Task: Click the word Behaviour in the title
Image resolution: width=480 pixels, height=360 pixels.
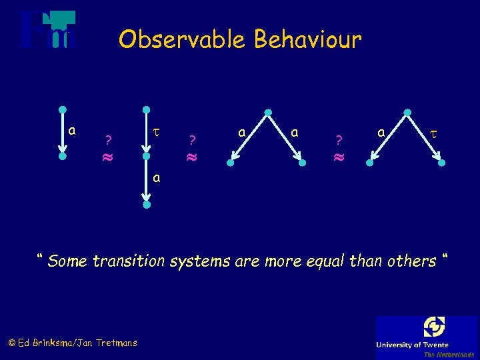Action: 307,40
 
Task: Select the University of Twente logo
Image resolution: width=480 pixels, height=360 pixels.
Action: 427,337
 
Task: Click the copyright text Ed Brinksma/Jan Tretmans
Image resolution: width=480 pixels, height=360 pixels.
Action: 72,343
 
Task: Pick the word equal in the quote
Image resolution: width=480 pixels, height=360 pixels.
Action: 321,261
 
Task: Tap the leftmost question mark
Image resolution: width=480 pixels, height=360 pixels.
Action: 108,140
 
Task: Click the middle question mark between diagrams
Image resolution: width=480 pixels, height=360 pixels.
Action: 191,140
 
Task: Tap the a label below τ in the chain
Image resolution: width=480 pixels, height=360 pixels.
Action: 156,179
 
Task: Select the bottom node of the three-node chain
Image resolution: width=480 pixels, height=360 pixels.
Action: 147,205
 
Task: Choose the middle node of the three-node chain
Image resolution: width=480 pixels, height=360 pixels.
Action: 147,158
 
